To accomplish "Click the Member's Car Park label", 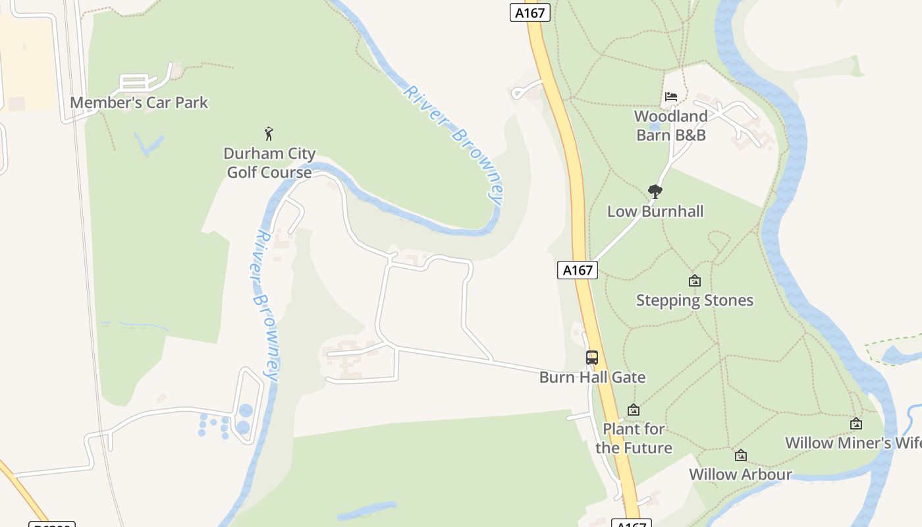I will (139, 103).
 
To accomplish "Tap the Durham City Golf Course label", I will (269, 163).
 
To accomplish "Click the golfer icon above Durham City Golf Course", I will (269, 134).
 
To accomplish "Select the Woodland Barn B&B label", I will (671, 125).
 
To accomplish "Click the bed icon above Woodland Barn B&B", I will (671, 97).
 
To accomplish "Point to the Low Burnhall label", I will (655, 211).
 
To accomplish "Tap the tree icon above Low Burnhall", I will (655, 192).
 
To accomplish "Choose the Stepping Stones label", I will (694, 300).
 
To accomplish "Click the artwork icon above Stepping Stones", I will (694, 281).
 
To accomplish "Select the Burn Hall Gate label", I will (592, 377).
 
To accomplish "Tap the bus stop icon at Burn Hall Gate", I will (592, 358).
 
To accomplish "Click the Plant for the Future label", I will (634, 438).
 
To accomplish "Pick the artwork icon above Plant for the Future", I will (634, 410).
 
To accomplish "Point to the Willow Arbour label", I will (740, 474).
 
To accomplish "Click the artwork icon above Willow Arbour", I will (741, 455).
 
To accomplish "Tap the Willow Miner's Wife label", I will (853, 443).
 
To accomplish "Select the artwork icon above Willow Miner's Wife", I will (856, 424).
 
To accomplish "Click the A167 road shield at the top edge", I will (529, 13).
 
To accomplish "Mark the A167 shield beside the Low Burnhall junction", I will (578, 269).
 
